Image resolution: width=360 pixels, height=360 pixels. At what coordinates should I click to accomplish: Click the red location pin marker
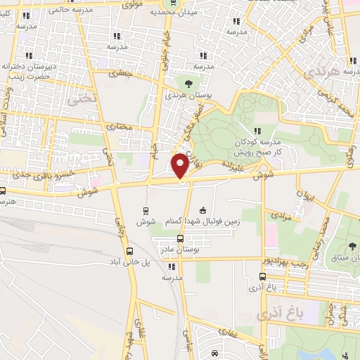[x=180, y=166]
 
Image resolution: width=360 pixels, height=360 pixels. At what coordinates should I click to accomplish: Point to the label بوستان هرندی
[x=184, y=94]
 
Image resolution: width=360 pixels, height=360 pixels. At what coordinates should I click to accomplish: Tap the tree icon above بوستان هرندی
[x=186, y=84]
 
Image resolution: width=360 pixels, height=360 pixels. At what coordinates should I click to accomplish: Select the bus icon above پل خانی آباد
[x=129, y=251]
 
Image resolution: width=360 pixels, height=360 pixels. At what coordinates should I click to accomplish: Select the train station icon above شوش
[x=146, y=210]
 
